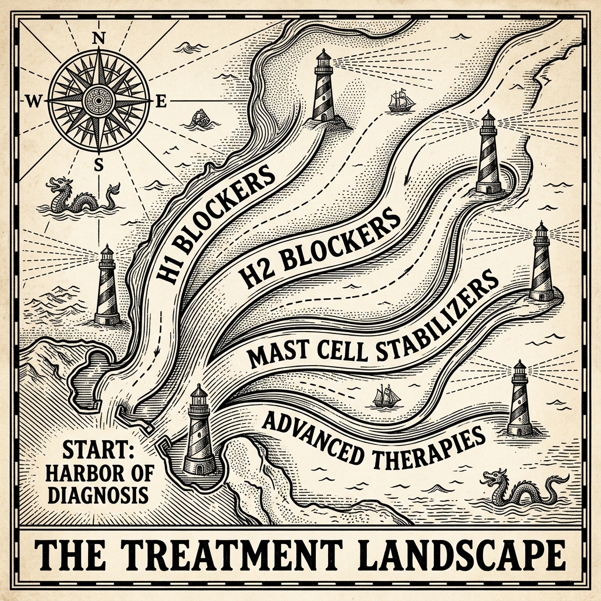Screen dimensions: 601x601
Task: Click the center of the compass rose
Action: [x=99, y=100]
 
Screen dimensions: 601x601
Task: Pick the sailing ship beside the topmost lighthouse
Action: [x=401, y=101]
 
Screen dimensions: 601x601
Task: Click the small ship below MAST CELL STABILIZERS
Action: [x=386, y=397]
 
